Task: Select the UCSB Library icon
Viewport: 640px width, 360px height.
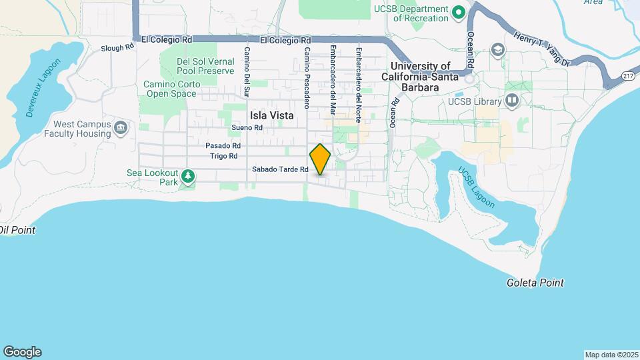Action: [512, 100]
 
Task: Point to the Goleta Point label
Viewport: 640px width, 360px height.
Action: [534, 283]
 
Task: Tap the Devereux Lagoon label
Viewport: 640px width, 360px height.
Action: [43, 88]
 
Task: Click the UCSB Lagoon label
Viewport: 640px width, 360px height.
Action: [476, 188]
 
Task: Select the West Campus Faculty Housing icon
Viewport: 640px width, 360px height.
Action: [121, 128]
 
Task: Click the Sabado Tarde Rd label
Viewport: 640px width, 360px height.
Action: [280, 169]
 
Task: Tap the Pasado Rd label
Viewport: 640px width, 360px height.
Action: [223, 145]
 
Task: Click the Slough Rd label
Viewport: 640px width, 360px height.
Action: [113, 48]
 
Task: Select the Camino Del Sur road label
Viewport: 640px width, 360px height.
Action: [247, 70]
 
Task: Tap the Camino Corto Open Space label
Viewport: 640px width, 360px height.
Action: [171, 89]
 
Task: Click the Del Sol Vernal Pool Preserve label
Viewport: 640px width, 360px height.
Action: [205, 65]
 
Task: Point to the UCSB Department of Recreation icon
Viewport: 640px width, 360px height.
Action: [459, 12]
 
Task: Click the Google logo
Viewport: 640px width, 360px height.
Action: [22, 352]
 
